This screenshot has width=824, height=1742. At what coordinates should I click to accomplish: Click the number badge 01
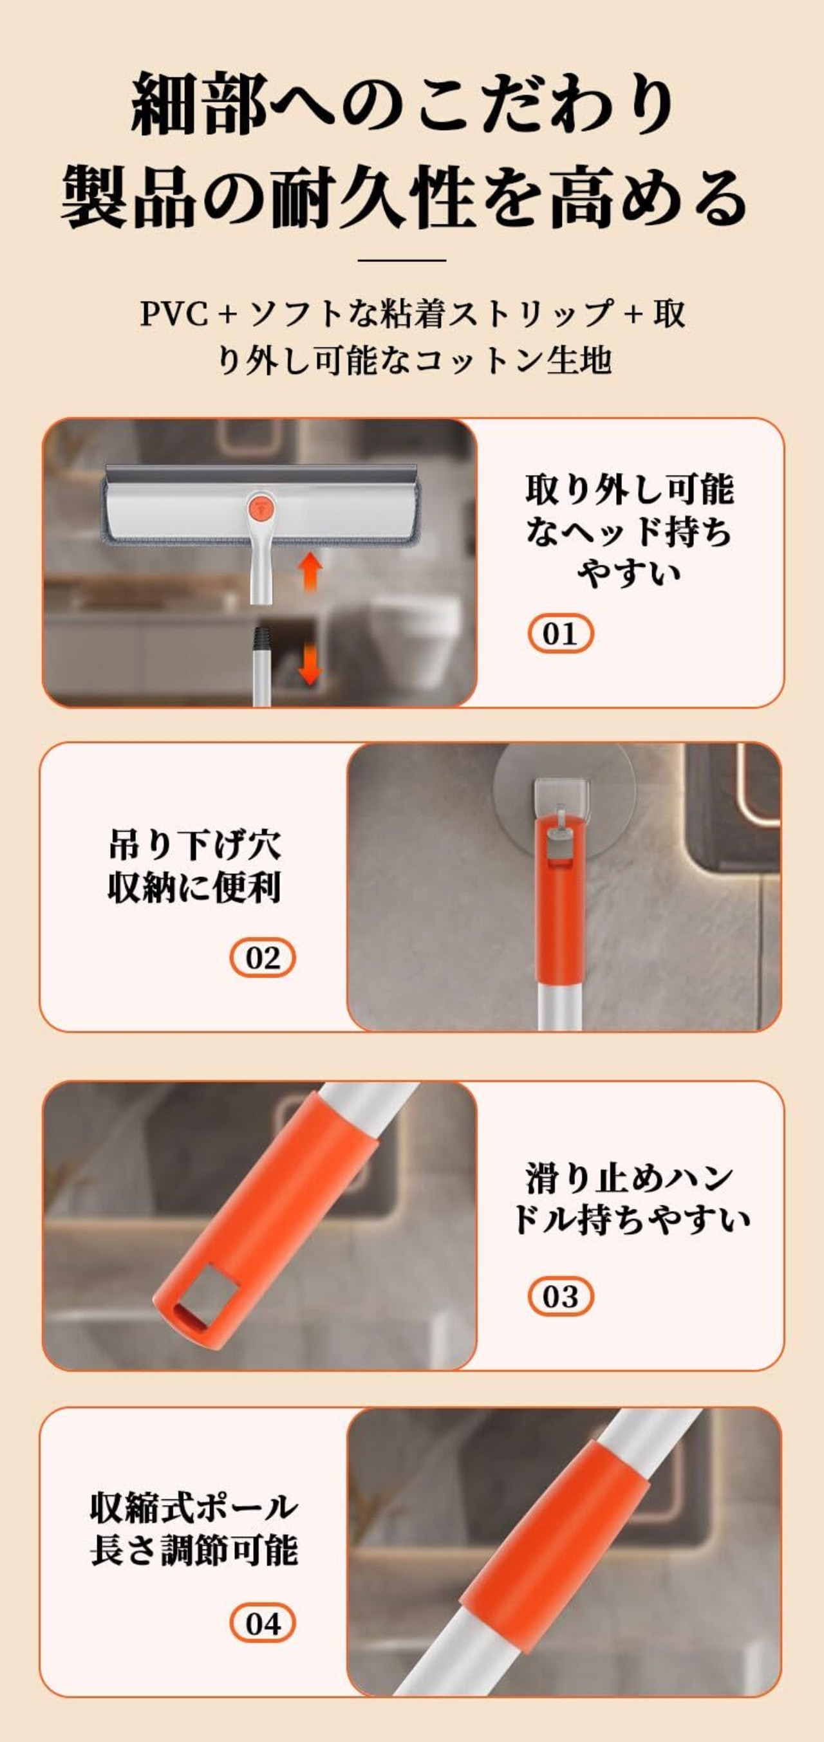[560, 634]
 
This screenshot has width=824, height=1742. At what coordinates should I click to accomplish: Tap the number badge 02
[263, 958]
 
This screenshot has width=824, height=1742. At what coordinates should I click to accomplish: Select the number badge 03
[560, 1296]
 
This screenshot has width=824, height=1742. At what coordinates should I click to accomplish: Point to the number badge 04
[263, 1623]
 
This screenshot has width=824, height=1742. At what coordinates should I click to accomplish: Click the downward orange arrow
[310, 664]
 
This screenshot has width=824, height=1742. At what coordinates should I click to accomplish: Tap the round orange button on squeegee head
[261, 507]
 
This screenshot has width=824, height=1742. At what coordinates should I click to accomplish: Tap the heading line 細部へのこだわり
[403, 105]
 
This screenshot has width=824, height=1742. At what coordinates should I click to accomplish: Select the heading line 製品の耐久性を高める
[404, 197]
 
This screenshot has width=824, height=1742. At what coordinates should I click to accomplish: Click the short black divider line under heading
[402, 260]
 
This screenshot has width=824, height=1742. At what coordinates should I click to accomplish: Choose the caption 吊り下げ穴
[195, 845]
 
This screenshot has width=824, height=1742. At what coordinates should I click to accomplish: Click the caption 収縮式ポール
[194, 1507]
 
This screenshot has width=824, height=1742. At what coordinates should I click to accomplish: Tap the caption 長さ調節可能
[194, 1551]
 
